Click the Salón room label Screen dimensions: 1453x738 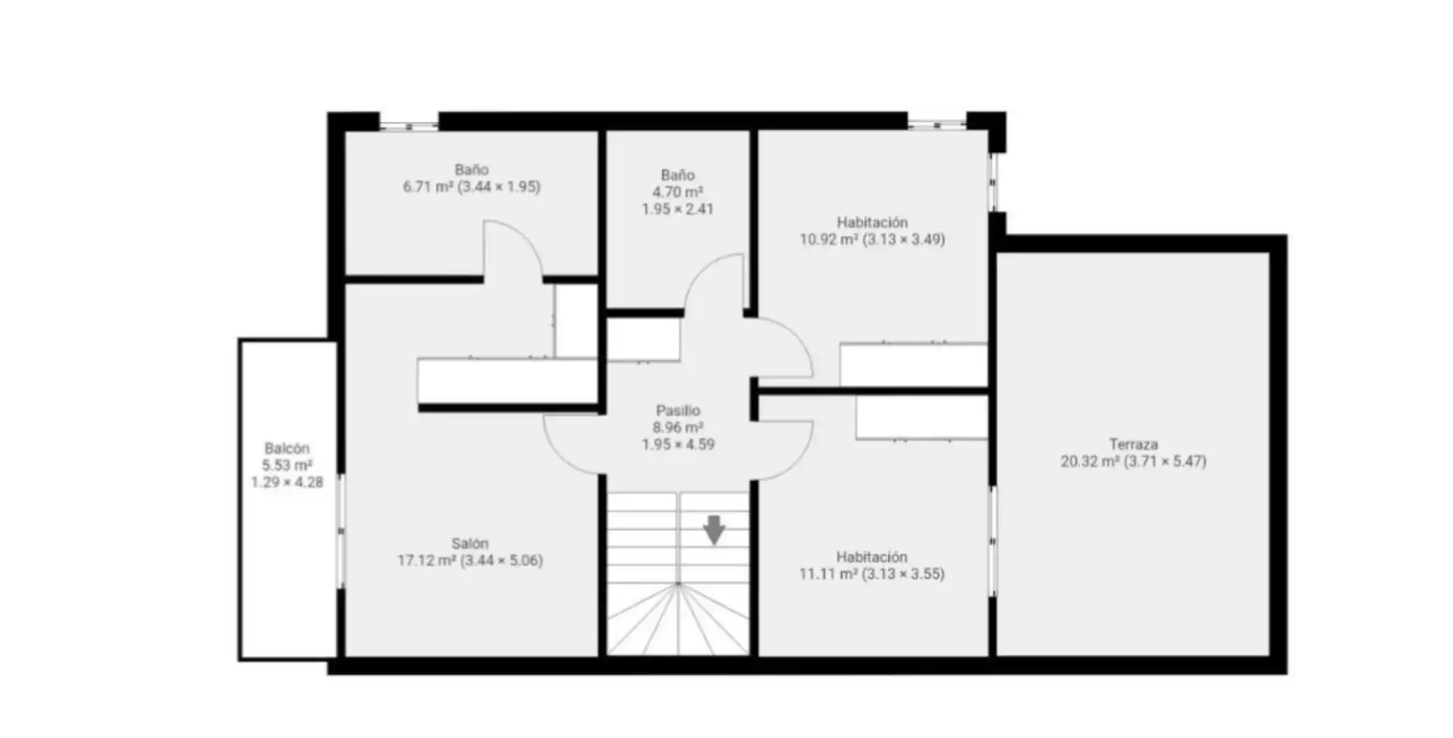tap(470, 543)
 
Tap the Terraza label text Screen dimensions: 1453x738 tap(1133, 444)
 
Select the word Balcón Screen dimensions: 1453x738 tap(287, 448)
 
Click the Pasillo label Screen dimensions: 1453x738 tap(677, 411)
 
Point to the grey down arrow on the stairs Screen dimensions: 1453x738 tap(714, 530)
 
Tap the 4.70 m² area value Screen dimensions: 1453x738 tap(677, 192)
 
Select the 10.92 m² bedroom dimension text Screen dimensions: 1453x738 tap(872, 240)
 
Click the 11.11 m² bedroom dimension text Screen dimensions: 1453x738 tap(872, 574)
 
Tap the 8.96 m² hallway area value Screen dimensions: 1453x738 tap(677, 428)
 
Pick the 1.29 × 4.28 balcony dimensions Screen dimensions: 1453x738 tap(287, 482)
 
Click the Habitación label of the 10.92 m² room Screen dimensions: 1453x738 tap(872, 222)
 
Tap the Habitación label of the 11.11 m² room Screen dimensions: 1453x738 tap(872, 557)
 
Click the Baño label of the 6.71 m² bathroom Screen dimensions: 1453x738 tap(471, 169)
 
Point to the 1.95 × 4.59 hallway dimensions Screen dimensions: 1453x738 tap(677, 445)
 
